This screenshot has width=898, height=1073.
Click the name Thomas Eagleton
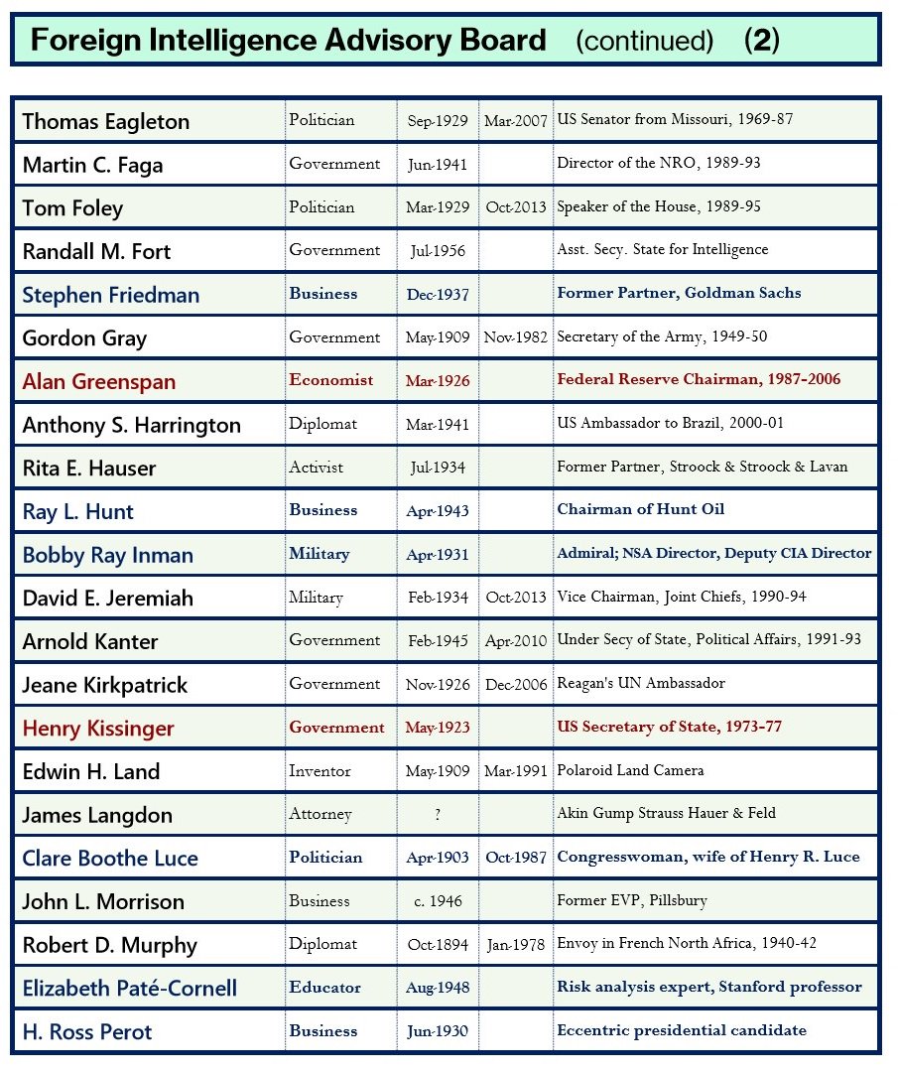(x=105, y=122)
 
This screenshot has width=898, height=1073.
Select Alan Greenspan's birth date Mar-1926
(x=437, y=381)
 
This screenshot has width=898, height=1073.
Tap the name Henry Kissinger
(x=98, y=729)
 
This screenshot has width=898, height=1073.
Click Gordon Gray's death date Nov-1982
(x=516, y=337)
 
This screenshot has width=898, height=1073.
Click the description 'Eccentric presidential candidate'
(x=682, y=1030)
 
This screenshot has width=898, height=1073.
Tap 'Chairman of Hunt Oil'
(x=641, y=510)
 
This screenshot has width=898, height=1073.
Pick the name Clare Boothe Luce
(x=110, y=859)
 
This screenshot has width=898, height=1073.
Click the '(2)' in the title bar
(x=761, y=41)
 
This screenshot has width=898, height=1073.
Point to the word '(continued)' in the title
(x=644, y=41)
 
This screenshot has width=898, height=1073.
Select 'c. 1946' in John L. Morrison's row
(x=438, y=901)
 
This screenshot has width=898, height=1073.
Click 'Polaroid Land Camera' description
(x=630, y=771)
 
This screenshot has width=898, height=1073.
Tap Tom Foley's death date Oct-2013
(x=516, y=207)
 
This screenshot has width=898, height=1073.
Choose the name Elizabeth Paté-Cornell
(x=130, y=989)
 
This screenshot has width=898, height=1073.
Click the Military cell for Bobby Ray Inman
(x=320, y=554)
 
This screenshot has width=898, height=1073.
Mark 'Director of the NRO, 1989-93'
(x=659, y=164)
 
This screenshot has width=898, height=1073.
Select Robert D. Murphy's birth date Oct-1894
(x=438, y=944)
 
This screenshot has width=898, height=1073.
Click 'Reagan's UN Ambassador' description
(x=641, y=684)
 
